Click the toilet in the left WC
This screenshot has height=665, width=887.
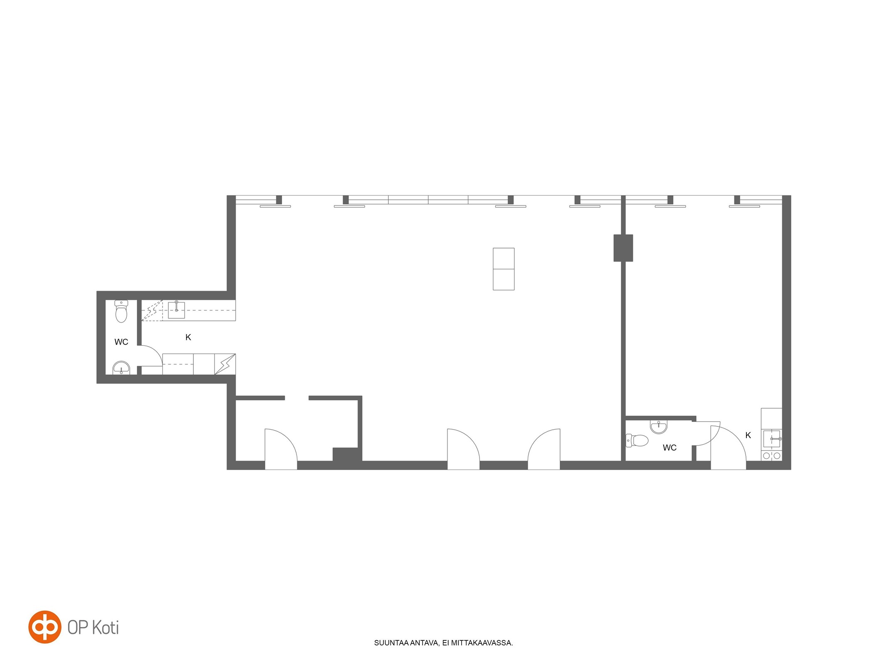click(121, 311)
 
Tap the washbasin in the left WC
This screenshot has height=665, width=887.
click(121, 367)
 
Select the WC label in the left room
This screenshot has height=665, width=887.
click(121, 342)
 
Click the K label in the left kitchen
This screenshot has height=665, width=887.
click(188, 337)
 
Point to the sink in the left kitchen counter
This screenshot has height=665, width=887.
click(176, 310)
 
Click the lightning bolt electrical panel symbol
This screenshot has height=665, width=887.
click(225, 364)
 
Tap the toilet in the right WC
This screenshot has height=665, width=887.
click(637, 441)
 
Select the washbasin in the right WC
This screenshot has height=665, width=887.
click(659, 426)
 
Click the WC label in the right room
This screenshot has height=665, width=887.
click(670, 448)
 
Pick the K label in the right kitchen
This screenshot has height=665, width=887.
click(748, 435)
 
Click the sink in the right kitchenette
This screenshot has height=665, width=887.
click(772, 439)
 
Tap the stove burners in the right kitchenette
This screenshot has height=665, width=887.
click(772, 456)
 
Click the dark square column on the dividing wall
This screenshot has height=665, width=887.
click(623, 248)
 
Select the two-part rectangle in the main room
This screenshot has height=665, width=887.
click(504, 269)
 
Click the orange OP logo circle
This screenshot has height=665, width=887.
click(45, 627)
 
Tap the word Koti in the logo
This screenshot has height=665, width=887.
click(105, 628)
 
